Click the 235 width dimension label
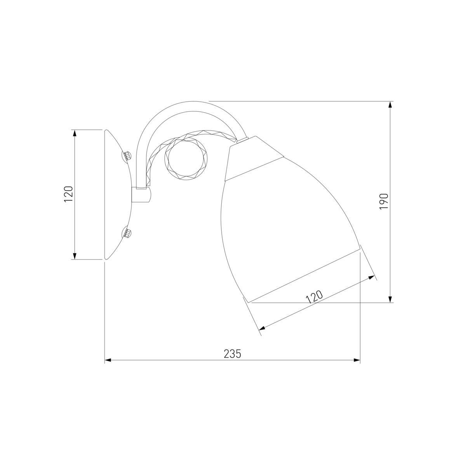click(x=232, y=354)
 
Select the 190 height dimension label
click(x=384, y=202)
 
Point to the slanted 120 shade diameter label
click(x=315, y=297)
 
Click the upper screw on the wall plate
click(x=127, y=155)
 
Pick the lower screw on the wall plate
click(x=127, y=233)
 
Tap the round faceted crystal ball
click(x=186, y=160)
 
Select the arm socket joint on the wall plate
click(x=141, y=195)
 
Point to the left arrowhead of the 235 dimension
click(x=108, y=360)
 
